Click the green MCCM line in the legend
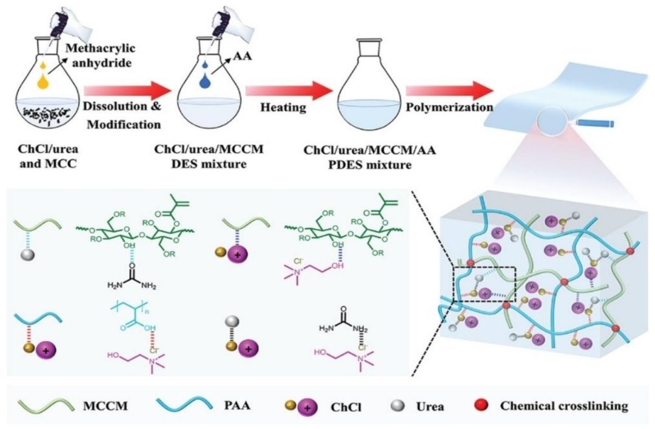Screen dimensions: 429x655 (x=42, y=405)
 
